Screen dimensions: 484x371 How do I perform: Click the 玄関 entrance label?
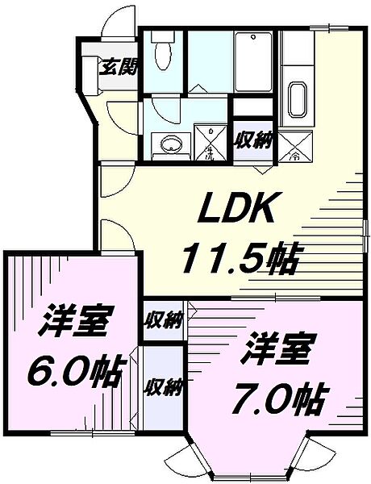[117, 66]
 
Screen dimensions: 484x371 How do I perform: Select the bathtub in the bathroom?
[256, 58]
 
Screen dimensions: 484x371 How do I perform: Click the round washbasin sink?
[169, 144]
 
